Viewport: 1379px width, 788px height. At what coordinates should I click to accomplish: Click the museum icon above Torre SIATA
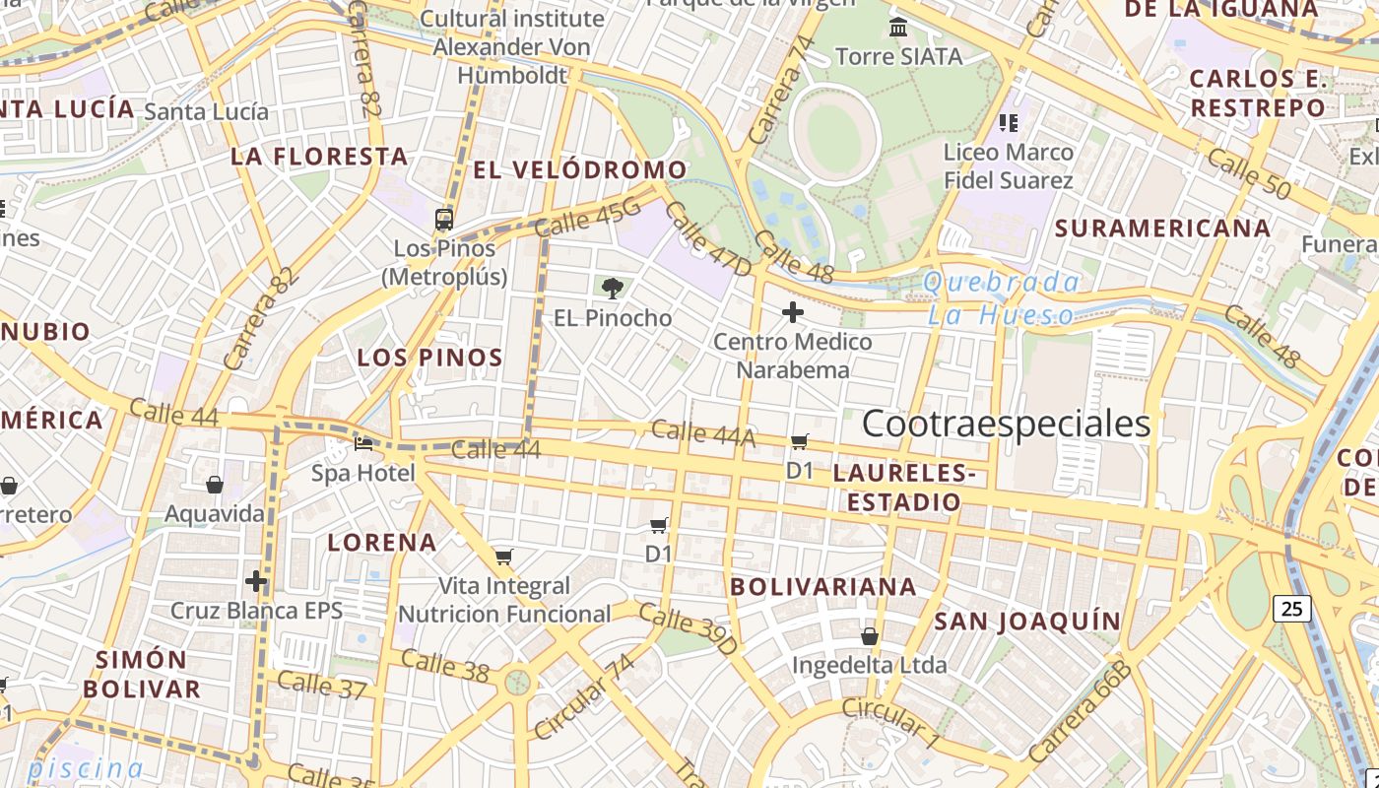tap(897, 27)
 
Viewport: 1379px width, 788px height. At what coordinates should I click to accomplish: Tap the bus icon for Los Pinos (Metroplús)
tap(444, 219)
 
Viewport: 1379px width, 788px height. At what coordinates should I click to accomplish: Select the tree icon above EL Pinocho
tap(612, 288)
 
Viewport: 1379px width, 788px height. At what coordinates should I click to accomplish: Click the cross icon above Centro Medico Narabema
tap(792, 312)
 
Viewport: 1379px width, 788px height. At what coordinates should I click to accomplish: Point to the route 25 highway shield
tap(1291, 609)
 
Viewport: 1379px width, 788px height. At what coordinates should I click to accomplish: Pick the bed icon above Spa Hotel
tap(363, 444)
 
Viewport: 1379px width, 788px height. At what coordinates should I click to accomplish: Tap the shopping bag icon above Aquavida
tap(215, 484)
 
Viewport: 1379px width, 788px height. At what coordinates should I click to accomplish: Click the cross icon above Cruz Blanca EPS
tap(256, 581)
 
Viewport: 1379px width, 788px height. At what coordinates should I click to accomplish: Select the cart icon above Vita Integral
tap(503, 558)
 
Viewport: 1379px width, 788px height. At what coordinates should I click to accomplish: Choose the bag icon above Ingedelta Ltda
tap(870, 635)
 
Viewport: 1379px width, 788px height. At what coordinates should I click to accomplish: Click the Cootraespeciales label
tap(1006, 424)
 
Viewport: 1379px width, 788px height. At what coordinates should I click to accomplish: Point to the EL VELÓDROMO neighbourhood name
tap(579, 169)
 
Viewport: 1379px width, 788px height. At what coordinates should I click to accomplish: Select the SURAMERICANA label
tap(1162, 228)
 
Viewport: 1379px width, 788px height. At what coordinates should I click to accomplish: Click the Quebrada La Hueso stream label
tap(1002, 298)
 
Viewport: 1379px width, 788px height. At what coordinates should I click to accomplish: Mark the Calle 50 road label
tap(1247, 174)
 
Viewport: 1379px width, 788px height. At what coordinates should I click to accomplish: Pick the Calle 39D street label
tap(688, 629)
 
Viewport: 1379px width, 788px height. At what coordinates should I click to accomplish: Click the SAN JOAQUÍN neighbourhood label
tap(1027, 621)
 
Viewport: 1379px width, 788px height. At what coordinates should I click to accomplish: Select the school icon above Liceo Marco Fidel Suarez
tap(1008, 123)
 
